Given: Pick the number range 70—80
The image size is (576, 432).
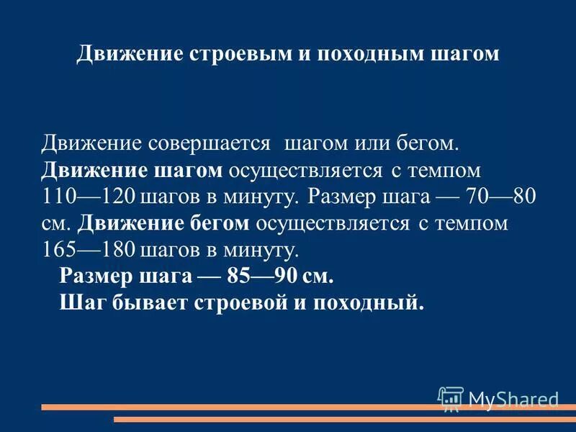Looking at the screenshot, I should click(x=508, y=197).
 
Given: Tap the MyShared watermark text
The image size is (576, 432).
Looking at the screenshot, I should click(x=513, y=399).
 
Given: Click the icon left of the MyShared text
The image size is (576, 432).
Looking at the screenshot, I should click(x=451, y=398).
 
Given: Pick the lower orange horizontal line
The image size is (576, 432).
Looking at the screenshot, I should click(x=346, y=419).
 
